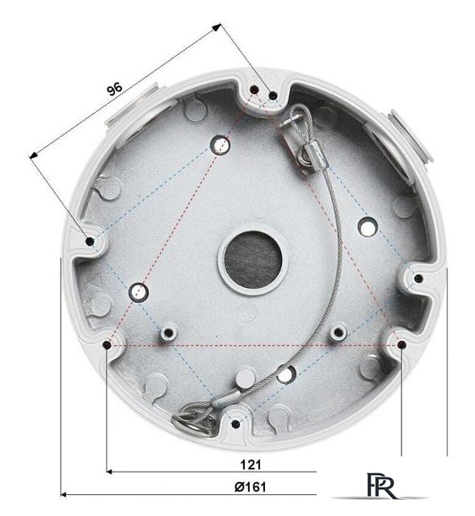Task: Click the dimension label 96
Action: (115, 89)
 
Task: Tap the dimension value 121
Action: (250, 464)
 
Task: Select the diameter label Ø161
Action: (250, 487)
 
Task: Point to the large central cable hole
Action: (253, 259)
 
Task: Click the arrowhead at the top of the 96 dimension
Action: (216, 27)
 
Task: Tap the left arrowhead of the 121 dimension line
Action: (110, 472)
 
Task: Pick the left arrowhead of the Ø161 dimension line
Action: (65, 494)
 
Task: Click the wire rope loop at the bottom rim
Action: (194, 417)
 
